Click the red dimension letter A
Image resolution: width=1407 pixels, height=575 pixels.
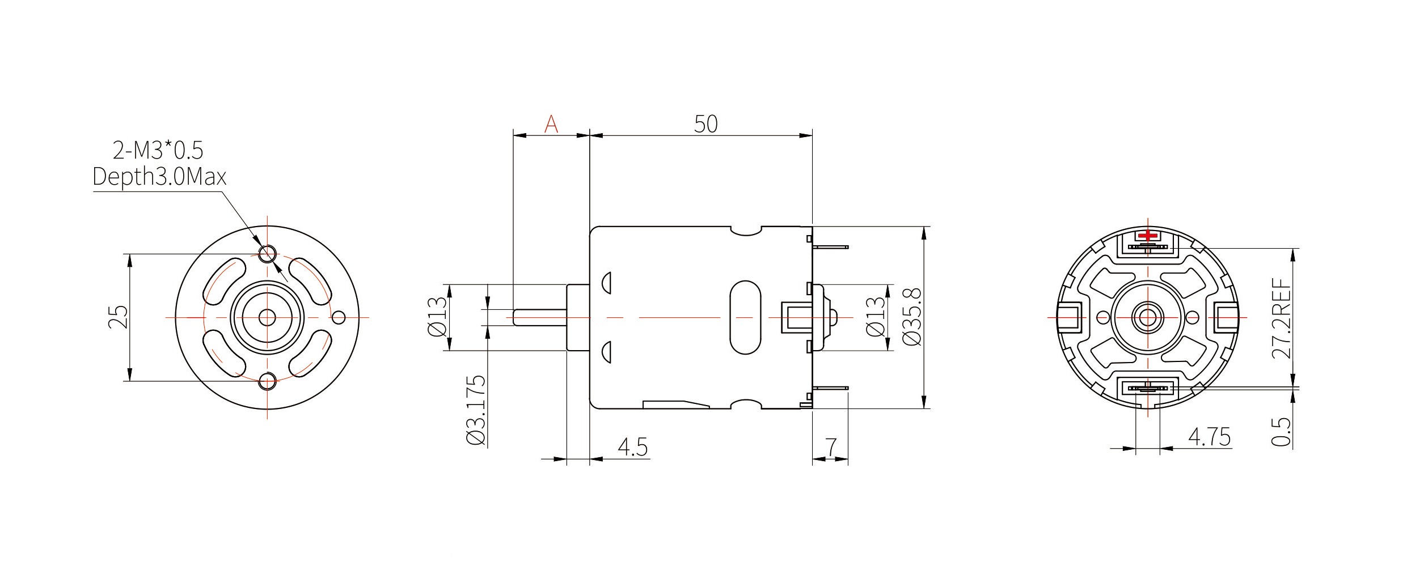[551, 123]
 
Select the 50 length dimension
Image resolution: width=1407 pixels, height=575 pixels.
[706, 124]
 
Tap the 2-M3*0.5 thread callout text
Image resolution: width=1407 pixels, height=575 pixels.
[158, 150]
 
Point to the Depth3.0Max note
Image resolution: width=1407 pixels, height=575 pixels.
[159, 177]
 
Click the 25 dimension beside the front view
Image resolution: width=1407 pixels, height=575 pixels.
[118, 317]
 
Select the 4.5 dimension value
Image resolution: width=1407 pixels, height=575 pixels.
[632, 447]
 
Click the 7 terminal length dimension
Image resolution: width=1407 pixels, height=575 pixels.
[831, 447]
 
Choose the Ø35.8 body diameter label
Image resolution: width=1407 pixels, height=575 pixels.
[912, 317]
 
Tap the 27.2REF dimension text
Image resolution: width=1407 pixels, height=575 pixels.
[1281, 318]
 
